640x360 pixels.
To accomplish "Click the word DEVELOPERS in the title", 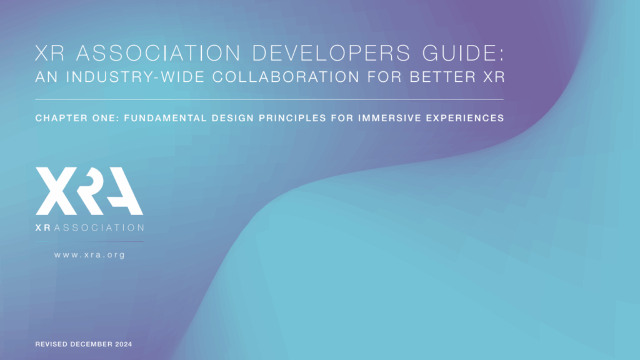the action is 331,53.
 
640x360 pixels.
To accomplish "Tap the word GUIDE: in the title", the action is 464,53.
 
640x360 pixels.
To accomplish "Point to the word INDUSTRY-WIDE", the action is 136,77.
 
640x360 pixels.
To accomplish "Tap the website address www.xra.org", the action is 89,255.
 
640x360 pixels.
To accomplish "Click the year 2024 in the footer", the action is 123,344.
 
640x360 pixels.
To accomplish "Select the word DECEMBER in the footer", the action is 91,344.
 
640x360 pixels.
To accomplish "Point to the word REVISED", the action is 51,344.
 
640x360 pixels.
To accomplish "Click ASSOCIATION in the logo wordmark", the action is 99,227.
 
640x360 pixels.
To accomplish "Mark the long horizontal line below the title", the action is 269,99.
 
